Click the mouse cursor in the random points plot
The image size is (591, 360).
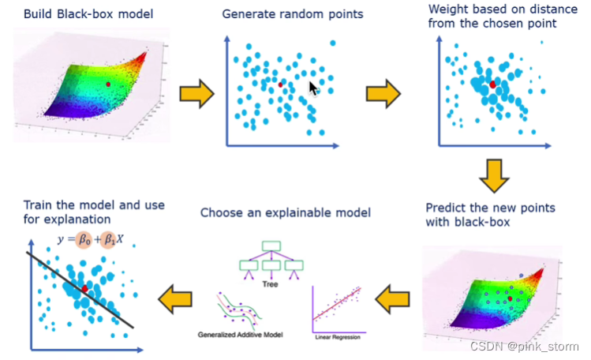[314, 88]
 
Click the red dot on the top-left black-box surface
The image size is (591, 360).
[108, 82]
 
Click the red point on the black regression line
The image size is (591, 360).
[84, 290]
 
